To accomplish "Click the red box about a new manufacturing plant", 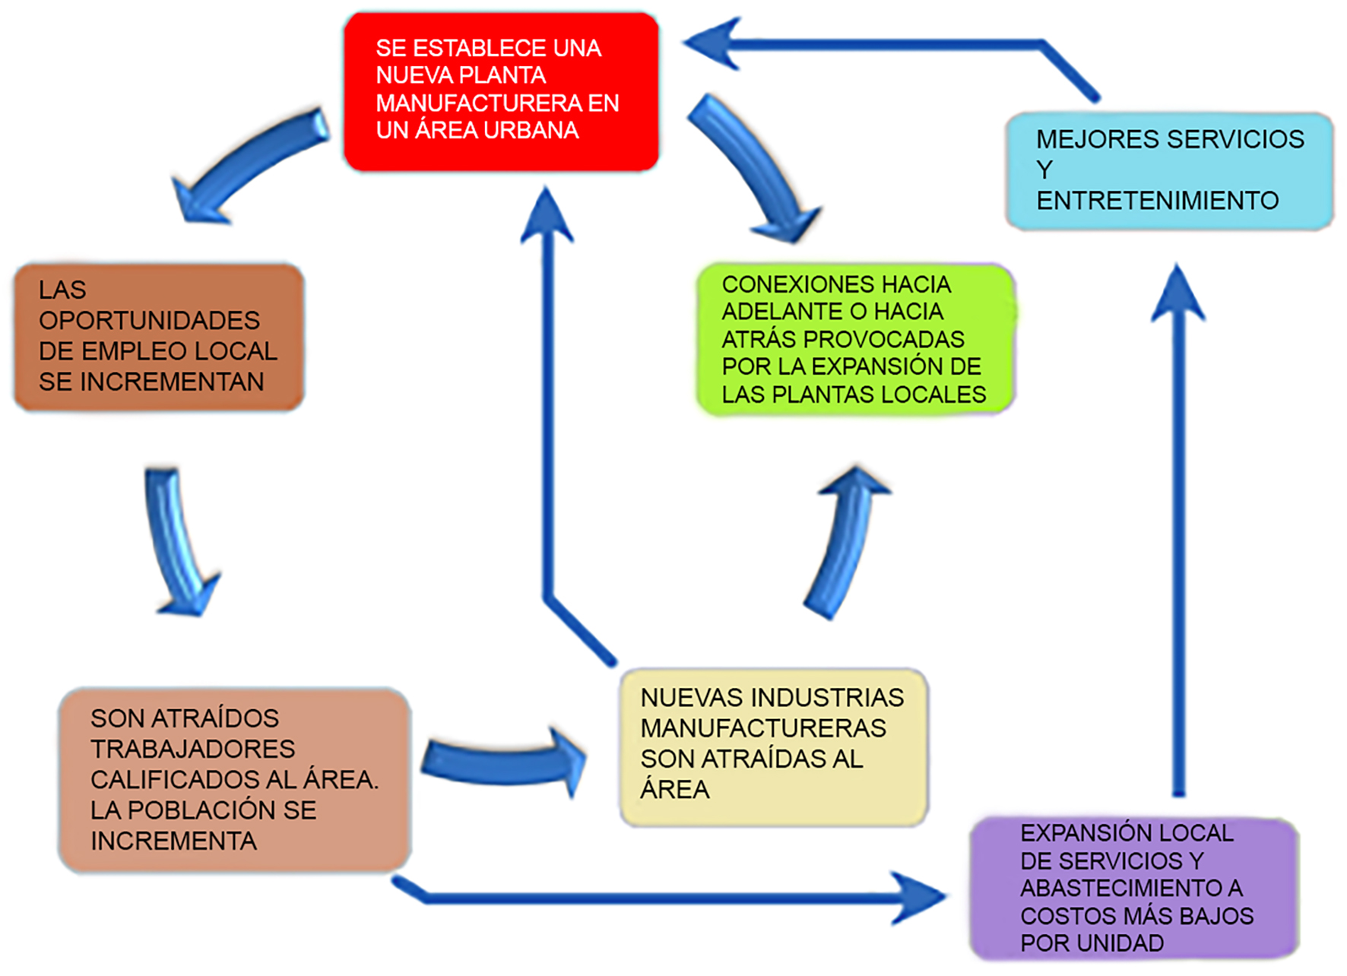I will click(x=501, y=91).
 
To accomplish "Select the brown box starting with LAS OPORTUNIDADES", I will click(x=159, y=337).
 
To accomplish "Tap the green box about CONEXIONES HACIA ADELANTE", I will click(x=855, y=339).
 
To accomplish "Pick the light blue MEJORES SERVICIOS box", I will click(x=1169, y=171).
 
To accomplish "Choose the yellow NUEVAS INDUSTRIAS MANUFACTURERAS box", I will click(x=773, y=746).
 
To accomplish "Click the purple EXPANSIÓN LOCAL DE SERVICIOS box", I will click(x=1133, y=888).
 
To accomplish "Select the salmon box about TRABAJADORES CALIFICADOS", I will click(x=234, y=780).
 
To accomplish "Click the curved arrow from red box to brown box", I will click(x=243, y=163).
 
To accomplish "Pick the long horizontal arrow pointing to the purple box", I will click(x=669, y=898).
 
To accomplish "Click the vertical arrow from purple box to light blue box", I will click(x=1178, y=532).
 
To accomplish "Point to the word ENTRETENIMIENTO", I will click(x=1157, y=201).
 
